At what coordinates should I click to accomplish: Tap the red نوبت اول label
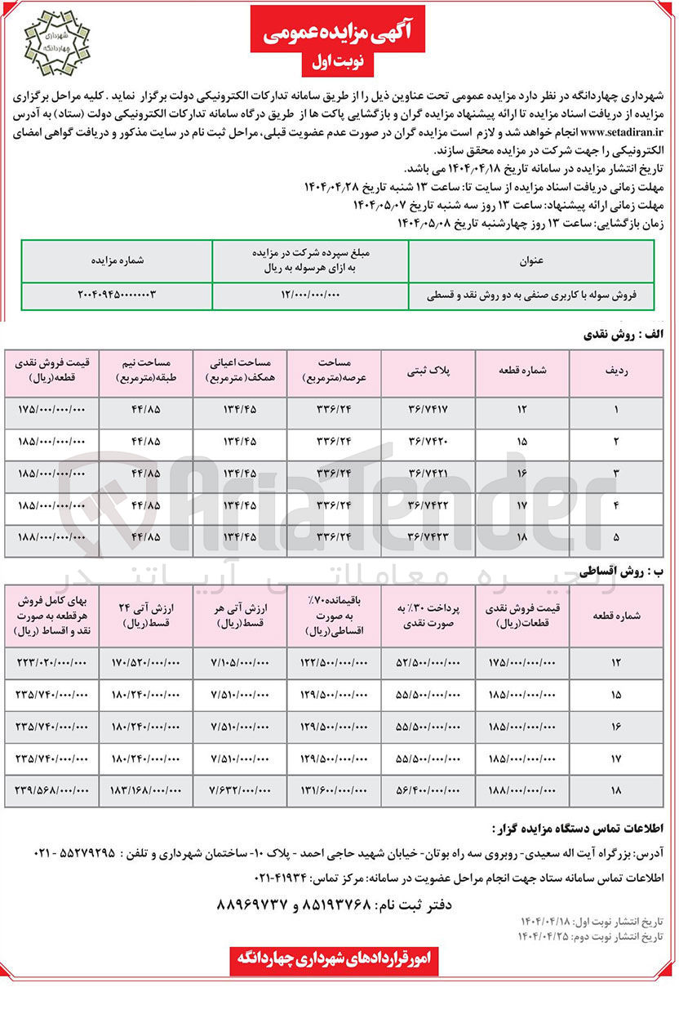(x=339, y=62)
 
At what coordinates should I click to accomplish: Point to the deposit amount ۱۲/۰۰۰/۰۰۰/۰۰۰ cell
(x=310, y=293)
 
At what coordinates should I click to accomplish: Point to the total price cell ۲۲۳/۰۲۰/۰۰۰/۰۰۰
(x=51, y=662)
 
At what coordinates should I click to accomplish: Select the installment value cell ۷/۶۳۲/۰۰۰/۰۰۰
(x=238, y=789)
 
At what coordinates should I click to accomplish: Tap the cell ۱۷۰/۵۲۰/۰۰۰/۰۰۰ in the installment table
(x=144, y=662)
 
